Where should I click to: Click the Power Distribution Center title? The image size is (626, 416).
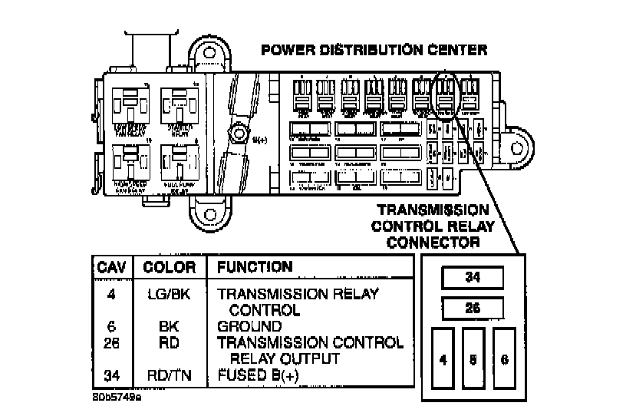pyautogui.click(x=374, y=51)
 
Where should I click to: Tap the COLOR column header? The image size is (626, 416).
pyautogui.click(x=169, y=268)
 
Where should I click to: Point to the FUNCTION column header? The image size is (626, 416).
pyautogui.click(x=255, y=267)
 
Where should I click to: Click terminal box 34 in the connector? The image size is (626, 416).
pyautogui.click(x=473, y=277)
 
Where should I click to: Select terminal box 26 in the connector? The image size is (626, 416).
pyautogui.click(x=473, y=308)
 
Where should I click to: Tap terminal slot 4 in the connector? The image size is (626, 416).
pyautogui.click(x=444, y=359)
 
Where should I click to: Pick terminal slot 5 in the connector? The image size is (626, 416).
pyautogui.click(x=473, y=359)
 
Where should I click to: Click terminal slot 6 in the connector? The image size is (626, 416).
pyautogui.click(x=503, y=359)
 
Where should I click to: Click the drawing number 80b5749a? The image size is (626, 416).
pyautogui.click(x=117, y=399)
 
